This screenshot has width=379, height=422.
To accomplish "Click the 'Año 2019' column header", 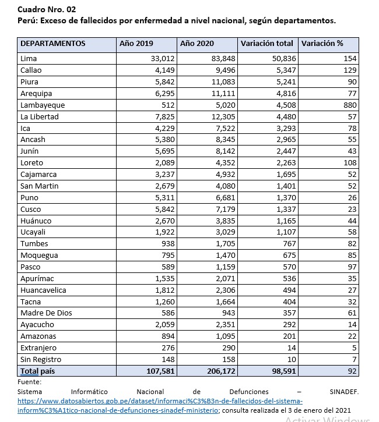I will click(136, 44).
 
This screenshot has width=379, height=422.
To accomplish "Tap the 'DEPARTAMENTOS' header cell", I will click(53, 44).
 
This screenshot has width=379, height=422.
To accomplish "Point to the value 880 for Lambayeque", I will click(349, 105).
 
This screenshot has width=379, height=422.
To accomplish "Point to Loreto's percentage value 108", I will click(349, 163).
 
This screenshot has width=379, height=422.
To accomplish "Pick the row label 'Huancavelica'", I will click(43, 290).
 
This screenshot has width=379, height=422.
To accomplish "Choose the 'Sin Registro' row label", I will click(41, 359).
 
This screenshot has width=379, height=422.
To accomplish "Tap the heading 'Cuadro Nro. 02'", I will click(47, 9).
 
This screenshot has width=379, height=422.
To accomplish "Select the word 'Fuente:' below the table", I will click(30, 382).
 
